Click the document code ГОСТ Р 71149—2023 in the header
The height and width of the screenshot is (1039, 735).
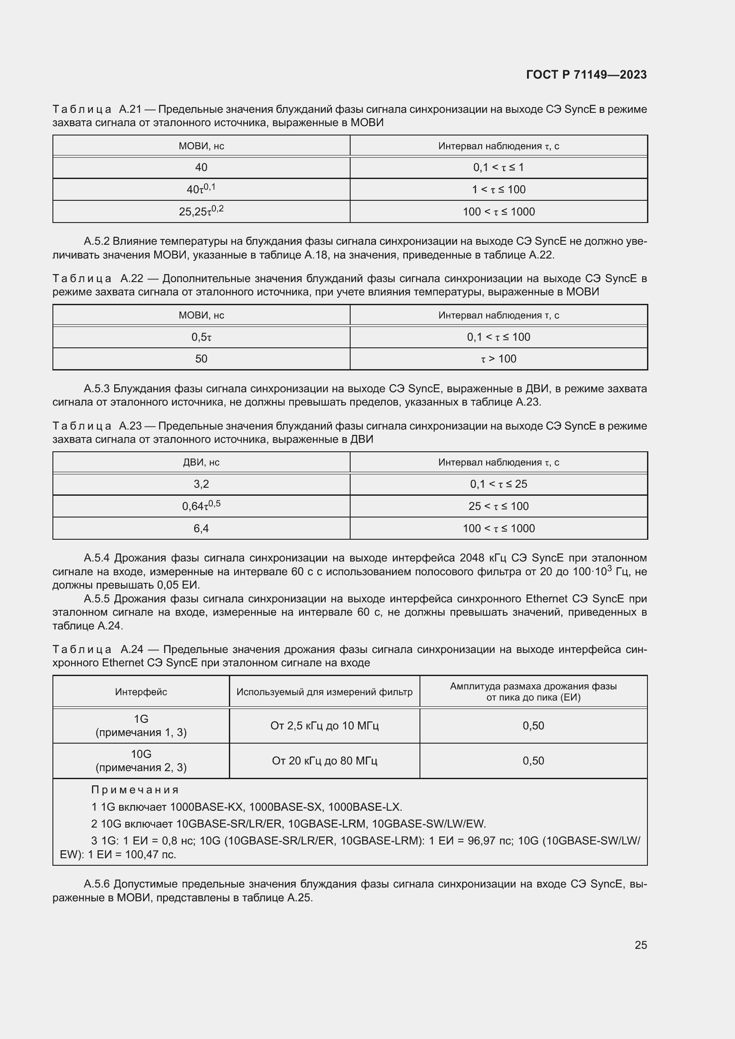[x=586, y=75]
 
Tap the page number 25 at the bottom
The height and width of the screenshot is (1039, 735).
[x=640, y=945]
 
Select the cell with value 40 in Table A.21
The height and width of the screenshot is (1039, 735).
[x=201, y=167]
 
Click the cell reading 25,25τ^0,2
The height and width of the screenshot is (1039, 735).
[x=201, y=211]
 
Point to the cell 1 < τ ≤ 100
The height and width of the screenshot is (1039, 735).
[x=498, y=190]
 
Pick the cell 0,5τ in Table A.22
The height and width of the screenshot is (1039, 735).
[x=201, y=337]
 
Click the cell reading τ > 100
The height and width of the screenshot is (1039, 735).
[x=498, y=359]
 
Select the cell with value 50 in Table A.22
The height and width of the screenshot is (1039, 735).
[x=201, y=359]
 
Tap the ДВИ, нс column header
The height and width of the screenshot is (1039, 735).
[x=201, y=462]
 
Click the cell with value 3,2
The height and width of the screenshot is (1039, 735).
[x=201, y=484]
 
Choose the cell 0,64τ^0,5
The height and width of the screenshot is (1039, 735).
[x=201, y=506]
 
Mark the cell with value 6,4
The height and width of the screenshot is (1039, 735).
[x=201, y=528]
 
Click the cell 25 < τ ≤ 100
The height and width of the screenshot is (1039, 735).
[x=498, y=506]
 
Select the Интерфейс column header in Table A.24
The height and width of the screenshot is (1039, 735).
[x=141, y=692]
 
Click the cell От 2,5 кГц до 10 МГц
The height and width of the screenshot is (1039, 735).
[x=324, y=725]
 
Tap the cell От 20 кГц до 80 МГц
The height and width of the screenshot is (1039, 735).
[x=324, y=760]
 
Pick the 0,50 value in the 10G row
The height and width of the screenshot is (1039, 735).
[x=533, y=760]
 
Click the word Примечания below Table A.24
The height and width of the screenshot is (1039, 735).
[x=135, y=790]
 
